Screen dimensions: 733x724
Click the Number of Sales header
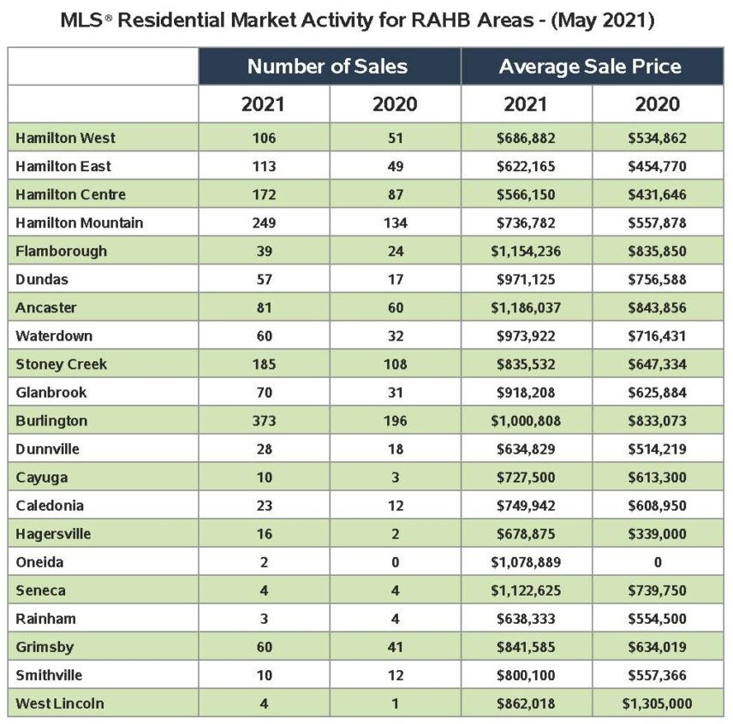pos(327,67)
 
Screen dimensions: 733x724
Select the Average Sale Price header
pos(590,67)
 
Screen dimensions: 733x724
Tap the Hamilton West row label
pos(65,139)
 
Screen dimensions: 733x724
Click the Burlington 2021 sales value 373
pos(264,421)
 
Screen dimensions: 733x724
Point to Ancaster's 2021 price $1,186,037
pos(526,308)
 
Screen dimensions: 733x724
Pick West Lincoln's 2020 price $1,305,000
pos(658,703)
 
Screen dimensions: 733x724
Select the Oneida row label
pos(39,562)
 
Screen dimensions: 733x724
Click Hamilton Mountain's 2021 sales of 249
pos(264,223)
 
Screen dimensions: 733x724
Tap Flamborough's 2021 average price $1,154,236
pos(526,252)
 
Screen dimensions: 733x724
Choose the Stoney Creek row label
pos(62,365)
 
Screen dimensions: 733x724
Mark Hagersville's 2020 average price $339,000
pos(658,534)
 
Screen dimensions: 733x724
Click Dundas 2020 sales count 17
pos(396,279)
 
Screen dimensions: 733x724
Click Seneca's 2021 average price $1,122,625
pos(526,590)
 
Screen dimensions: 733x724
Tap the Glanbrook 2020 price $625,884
pos(658,392)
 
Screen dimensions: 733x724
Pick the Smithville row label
pos(49,675)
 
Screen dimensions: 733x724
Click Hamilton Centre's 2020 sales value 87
pos(396,195)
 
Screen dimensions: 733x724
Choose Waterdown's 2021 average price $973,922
pos(526,335)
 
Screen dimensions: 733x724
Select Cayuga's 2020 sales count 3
pos(396,478)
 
